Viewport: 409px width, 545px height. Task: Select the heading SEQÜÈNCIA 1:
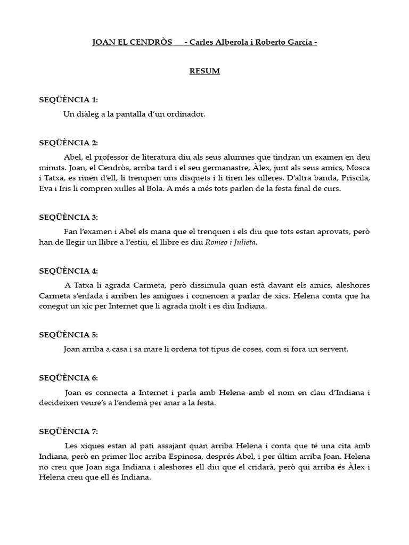pos(68,100)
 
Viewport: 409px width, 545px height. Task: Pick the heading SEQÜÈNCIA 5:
pos(68,335)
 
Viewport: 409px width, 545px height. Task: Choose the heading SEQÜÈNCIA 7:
pos(68,431)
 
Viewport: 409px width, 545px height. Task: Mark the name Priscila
pos(354,178)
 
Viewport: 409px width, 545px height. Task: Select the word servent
pos(332,349)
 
